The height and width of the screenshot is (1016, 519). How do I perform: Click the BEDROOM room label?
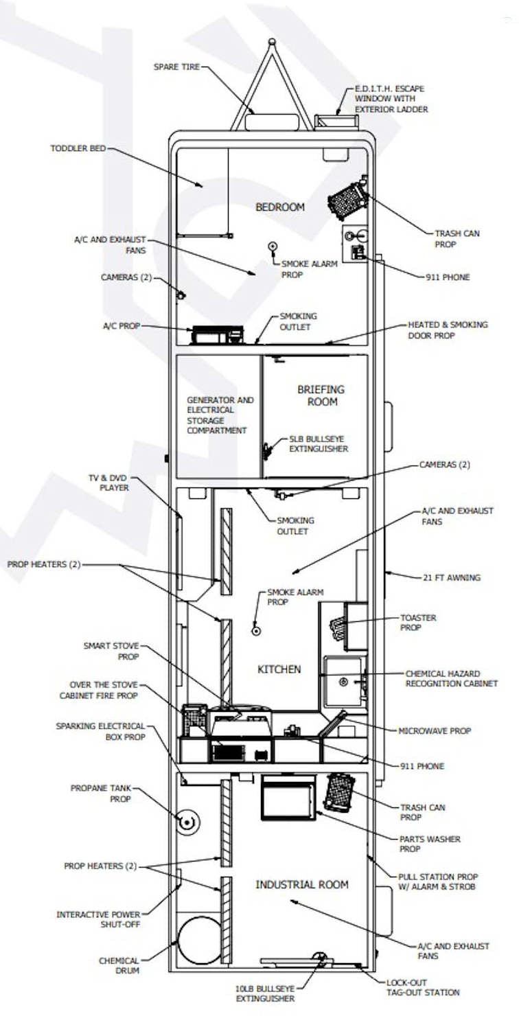click(280, 207)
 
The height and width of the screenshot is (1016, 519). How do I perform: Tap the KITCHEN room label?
click(279, 669)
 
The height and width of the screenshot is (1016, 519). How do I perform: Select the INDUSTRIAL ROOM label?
click(301, 884)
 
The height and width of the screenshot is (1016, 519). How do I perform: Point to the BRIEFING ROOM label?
click(321, 395)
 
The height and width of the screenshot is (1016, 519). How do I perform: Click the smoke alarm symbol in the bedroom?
click(273, 246)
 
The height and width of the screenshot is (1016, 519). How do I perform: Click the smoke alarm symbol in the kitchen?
click(256, 630)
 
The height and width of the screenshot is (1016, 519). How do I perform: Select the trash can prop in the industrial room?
click(339, 792)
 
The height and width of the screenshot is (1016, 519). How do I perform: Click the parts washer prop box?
click(288, 797)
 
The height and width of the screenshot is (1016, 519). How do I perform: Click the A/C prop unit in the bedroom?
click(217, 335)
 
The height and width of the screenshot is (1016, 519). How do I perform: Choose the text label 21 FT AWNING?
click(452, 577)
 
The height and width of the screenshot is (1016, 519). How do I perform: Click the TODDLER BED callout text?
click(78, 148)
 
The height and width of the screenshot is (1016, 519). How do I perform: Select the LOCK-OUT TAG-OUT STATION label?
click(424, 987)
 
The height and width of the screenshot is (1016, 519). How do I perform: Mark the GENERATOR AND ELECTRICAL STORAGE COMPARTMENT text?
click(220, 415)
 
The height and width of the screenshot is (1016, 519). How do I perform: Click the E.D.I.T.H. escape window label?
click(391, 99)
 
